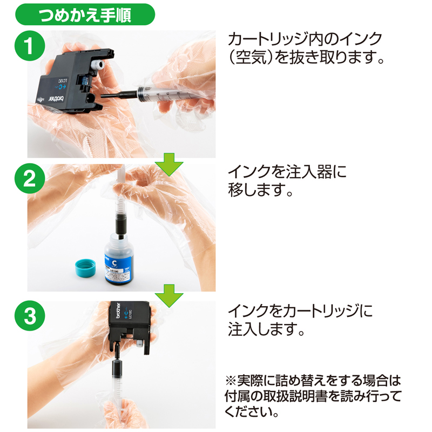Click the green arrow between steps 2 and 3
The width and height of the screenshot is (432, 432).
169,294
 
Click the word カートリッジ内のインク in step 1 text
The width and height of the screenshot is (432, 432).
305,38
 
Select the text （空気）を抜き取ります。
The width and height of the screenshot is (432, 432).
306,58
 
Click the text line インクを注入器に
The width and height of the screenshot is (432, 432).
286,172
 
